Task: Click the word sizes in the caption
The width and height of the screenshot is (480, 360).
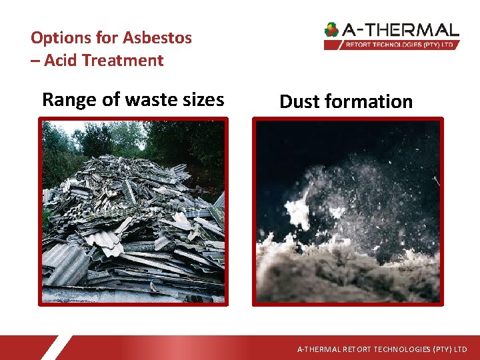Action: pos(203,100)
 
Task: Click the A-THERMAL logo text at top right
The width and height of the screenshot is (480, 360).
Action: pos(401,30)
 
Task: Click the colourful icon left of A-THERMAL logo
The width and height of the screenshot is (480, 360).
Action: pos(331,29)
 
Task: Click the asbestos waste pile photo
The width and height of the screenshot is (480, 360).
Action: pos(133,220)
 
